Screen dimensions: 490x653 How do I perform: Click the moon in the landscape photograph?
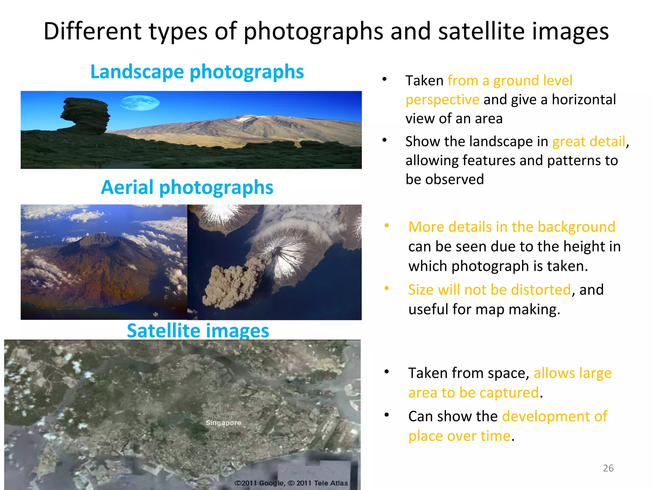tap(140, 103)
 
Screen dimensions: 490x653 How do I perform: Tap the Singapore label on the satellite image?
tap(223, 423)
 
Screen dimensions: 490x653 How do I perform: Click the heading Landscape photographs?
tap(197, 71)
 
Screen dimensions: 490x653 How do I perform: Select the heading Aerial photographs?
tap(187, 187)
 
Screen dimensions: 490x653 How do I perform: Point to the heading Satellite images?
tap(198, 330)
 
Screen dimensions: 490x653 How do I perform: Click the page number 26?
tap(608, 468)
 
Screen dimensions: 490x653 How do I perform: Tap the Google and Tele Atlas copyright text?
tap(291, 483)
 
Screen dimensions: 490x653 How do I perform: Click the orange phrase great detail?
tap(589, 141)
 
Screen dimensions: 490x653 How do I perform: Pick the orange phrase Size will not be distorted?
tap(489, 290)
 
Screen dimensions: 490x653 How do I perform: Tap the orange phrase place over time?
tap(459, 436)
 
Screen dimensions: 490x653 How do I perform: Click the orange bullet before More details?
tap(386, 226)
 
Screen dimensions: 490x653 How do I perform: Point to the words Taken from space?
tap(469, 373)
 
